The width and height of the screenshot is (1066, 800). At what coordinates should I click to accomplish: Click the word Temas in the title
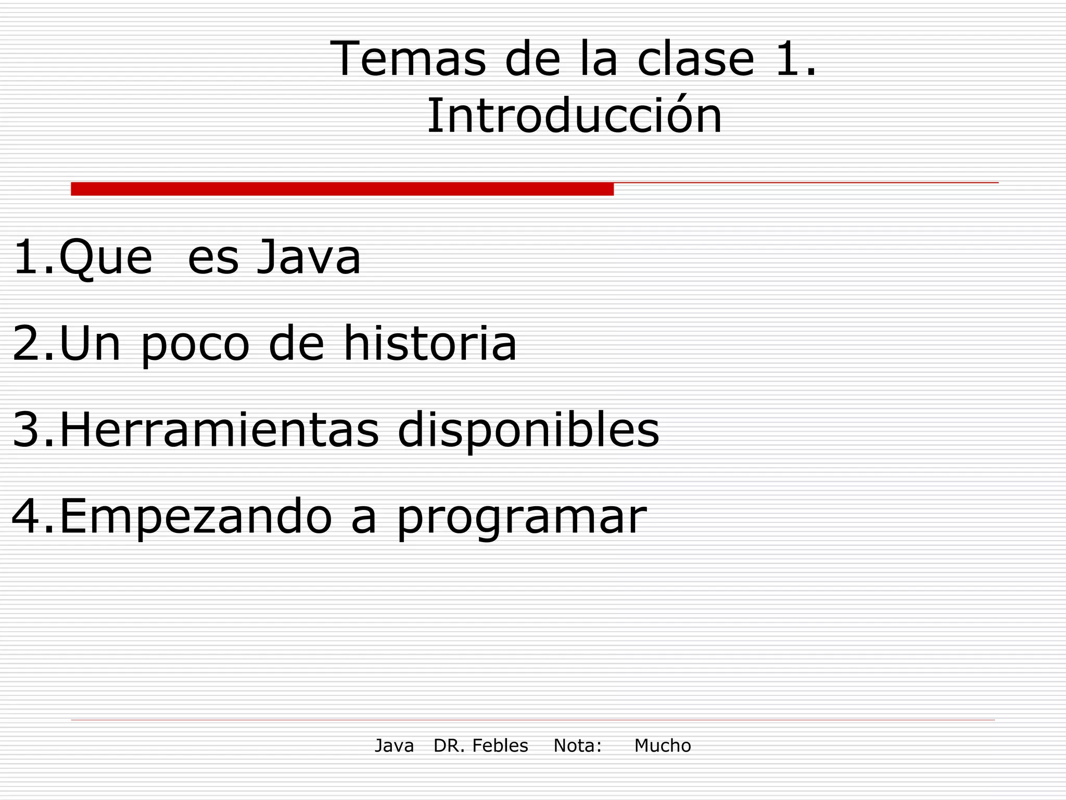coord(408,59)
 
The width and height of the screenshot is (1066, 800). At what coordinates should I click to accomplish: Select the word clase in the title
coord(695,59)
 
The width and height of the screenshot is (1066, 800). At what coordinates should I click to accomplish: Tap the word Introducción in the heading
coord(574,116)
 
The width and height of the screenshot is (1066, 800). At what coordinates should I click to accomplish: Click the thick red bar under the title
coord(342,189)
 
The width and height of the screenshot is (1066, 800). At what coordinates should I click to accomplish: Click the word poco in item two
coord(195,344)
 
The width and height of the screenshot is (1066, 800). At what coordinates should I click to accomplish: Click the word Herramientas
coord(219,430)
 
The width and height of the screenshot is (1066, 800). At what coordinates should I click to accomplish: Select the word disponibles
coord(528,431)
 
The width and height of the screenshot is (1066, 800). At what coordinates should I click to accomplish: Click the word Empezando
coord(196,517)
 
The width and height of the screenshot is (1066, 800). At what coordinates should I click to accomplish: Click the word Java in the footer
coord(394,746)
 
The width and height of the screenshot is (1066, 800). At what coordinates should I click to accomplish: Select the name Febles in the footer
coord(500,746)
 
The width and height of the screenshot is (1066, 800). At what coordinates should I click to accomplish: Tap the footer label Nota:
coord(577,746)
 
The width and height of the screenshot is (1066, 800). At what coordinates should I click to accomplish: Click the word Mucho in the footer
coord(662,746)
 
